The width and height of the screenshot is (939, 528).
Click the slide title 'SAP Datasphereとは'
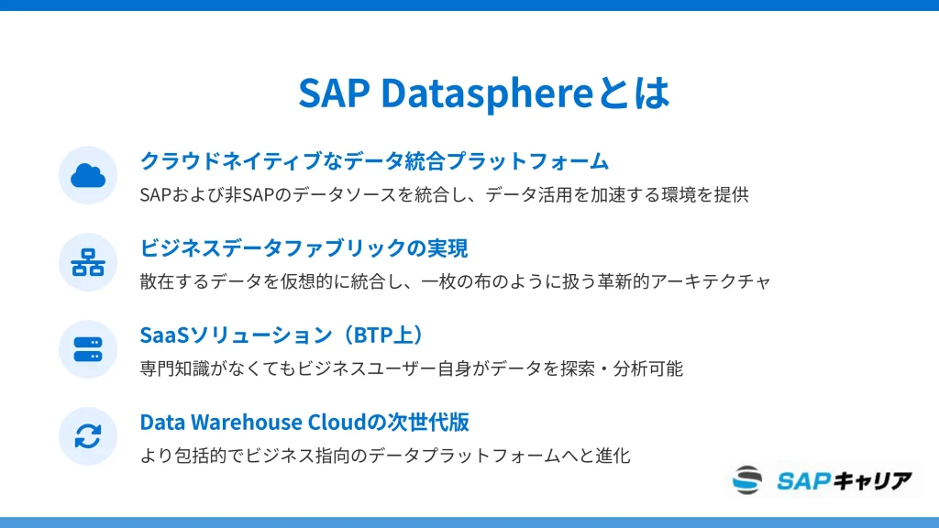484,93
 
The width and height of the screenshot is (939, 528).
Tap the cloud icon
88,175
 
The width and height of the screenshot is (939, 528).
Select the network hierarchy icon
88,262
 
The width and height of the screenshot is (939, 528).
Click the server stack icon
88,349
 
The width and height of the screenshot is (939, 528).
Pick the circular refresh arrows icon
88,436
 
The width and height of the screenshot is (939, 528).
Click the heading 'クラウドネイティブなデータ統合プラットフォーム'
374,161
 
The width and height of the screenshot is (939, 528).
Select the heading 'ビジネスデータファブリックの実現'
304,247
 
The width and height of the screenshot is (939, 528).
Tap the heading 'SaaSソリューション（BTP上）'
282,335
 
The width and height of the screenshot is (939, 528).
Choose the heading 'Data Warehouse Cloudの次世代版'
304,422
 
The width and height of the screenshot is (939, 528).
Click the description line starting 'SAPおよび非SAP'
445,194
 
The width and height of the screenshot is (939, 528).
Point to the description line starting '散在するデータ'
455,281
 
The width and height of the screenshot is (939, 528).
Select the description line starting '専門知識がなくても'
412,368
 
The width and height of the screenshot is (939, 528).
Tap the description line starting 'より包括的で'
385,456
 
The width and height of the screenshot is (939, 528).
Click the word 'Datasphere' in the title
487,93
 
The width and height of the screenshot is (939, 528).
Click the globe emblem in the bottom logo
747,480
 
